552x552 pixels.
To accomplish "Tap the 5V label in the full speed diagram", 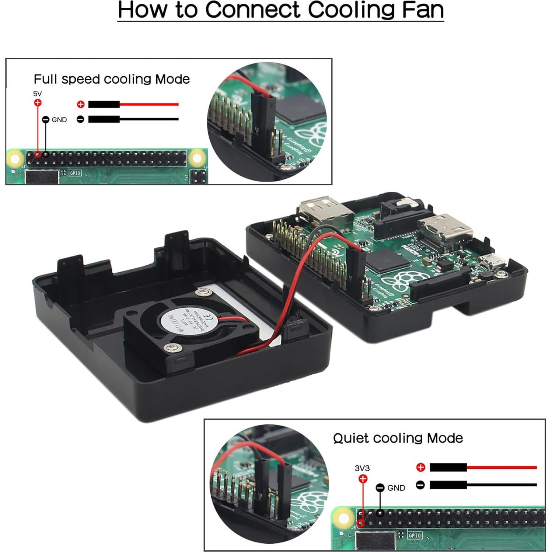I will pyautogui.click(x=37, y=94).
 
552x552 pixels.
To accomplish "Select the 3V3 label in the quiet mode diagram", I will pyautogui.click(x=362, y=468).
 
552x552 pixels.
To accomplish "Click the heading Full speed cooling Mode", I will pyautogui.click(x=112, y=79).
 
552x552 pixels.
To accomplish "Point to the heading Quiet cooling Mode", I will pyautogui.click(x=398, y=438).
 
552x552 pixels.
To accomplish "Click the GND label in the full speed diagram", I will pyautogui.click(x=59, y=120).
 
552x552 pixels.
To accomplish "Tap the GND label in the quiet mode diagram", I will pyautogui.click(x=396, y=488).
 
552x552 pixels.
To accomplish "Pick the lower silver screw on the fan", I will pyautogui.click(x=172, y=347).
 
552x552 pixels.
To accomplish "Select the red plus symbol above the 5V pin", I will pyautogui.click(x=38, y=103).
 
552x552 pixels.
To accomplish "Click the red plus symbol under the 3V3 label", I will pyautogui.click(x=363, y=479).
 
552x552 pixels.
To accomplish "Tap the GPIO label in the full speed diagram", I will pyautogui.click(x=75, y=173).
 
